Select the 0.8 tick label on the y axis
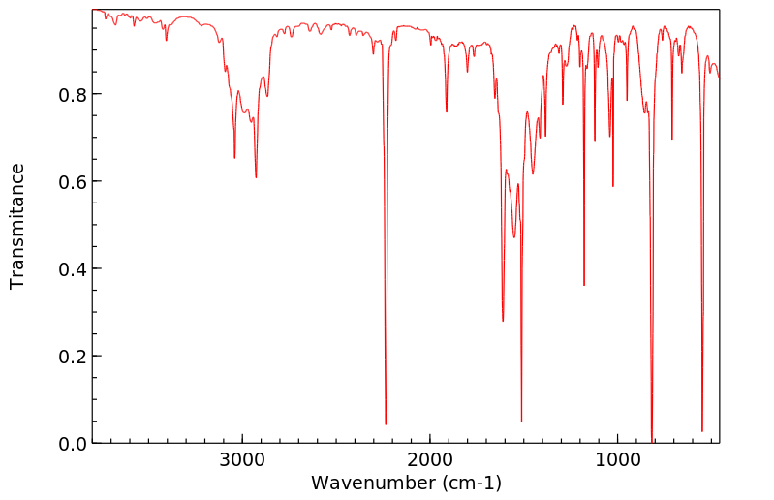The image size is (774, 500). [72, 94]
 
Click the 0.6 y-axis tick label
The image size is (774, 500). [72, 181]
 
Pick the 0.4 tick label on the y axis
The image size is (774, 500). [72, 268]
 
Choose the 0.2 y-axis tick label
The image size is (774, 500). [72, 356]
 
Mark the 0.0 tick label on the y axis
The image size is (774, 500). [72, 443]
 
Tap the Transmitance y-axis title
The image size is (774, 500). [17, 226]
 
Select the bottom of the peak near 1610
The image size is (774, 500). [503, 321]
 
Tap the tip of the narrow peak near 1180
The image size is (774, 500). [584, 285]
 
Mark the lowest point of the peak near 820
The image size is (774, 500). [652, 442]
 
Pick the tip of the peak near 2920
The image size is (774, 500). [256, 177]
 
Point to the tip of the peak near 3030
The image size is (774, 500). [234, 158]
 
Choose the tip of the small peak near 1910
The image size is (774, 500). [447, 111]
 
